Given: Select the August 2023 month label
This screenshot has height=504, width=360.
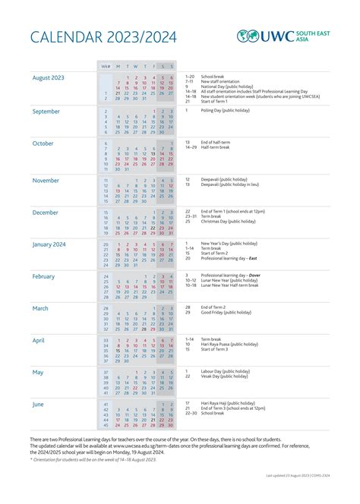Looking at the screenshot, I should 49,77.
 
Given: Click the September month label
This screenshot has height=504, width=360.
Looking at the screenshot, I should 46,111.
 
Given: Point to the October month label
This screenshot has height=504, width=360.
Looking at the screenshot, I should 43,143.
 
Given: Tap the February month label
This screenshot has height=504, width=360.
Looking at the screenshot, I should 44,276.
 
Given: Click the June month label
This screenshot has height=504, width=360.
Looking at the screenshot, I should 39,405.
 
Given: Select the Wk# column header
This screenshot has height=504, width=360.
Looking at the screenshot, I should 106,66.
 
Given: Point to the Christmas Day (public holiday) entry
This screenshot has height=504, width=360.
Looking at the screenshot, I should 229,222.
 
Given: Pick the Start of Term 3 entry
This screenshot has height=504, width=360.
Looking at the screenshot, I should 216,349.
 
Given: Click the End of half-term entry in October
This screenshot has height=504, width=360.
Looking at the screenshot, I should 216,142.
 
